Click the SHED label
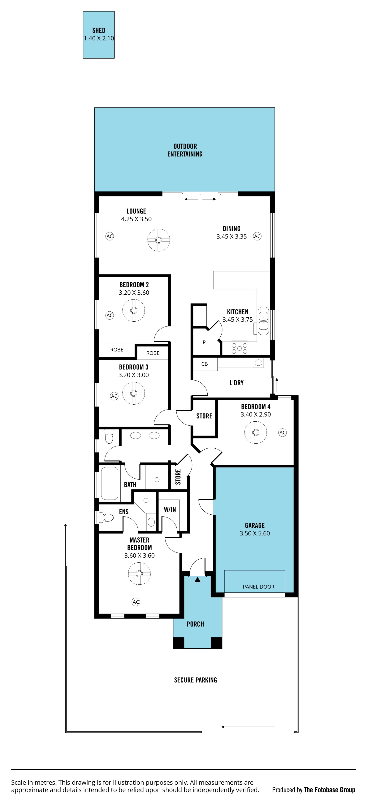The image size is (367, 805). [99, 30]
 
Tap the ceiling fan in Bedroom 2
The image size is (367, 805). [134, 310]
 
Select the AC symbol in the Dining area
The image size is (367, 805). [257, 236]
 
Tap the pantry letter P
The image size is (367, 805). [204, 342]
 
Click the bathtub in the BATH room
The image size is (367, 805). [110, 483]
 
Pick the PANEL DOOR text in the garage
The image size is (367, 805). [259, 587]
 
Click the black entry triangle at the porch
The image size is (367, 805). [197, 580]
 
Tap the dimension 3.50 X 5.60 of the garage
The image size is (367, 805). [255, 533]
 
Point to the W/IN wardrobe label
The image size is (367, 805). [170, 509]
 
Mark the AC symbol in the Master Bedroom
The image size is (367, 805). [136, 602]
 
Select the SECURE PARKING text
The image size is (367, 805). [196, 680]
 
